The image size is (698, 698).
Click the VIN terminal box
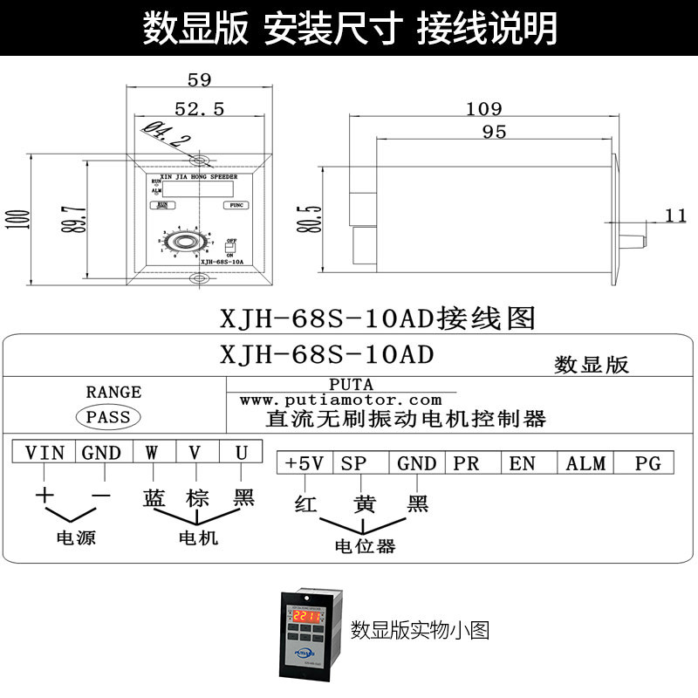pos(44,452)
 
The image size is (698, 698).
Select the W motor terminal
pos(152,452)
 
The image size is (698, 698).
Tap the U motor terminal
pos(242,452)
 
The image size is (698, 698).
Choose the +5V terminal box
pos(305,463)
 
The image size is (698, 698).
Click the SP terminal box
pos(354,463)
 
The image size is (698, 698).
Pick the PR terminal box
pos(467,463)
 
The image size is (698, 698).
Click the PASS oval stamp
pos(109,416)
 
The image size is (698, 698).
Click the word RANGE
pos(113,392)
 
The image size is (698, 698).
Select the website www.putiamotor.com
pos(341,400)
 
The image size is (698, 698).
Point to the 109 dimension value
pos(483,109)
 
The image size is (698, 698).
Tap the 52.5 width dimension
pos(200,109)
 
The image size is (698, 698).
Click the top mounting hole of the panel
pos(201,161)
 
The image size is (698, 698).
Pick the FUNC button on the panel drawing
pos(235,205)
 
